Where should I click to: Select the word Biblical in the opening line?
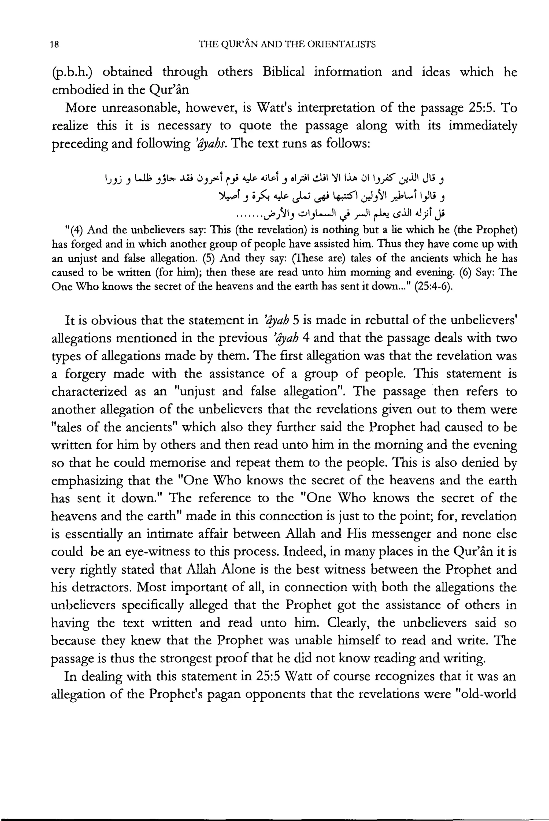point(283,72)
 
